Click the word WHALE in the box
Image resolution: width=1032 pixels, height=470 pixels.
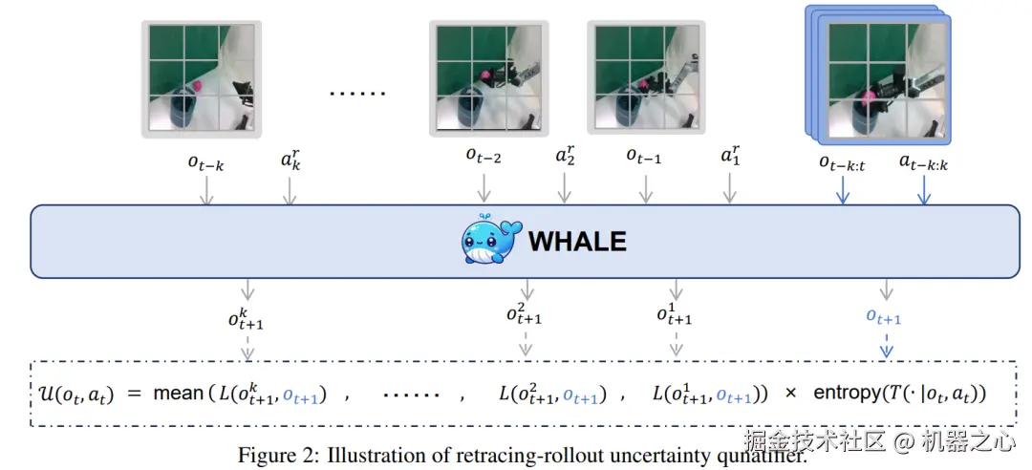click(x=577, y=241)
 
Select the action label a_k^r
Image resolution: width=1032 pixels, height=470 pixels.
click(x=291, y=159)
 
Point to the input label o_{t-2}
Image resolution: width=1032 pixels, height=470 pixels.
click(x=484, y=156)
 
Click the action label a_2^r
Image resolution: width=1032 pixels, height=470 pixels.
click(x=566, y=156)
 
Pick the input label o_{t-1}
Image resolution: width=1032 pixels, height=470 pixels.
click(x=644, y=156)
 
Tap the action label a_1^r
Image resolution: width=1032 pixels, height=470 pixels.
click(x=731, y=156)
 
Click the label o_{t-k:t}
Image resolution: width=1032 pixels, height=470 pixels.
click(x=842, y=161)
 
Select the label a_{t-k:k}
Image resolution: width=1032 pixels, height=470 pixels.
click(x=923, y=161)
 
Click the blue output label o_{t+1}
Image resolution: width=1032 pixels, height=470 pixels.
click(x=883, y=318)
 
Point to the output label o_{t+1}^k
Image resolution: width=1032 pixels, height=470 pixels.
click(x=246, y=318)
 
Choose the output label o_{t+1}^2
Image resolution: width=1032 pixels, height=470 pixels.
click(x=524, y=313)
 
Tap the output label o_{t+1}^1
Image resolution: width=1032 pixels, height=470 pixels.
click(x=676, y=313)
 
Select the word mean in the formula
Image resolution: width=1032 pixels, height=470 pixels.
click(x=178, y=394)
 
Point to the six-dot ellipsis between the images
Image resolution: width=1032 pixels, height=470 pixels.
click(x=357, y=94)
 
